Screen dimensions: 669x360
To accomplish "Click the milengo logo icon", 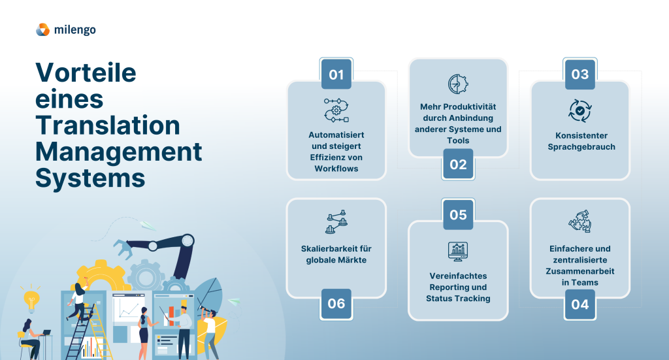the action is click(42, 30).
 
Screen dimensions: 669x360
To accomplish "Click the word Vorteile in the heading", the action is click(86, 73).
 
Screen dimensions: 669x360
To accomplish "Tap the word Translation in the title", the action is click(108, 125).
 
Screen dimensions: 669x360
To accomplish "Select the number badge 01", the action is click(336, 74).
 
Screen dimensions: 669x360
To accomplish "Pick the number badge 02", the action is click(458, 164).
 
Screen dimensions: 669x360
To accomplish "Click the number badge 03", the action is click(580, 74).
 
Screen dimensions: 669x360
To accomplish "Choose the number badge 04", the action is click(580, 304).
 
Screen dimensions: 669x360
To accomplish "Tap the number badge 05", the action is click(458, 214).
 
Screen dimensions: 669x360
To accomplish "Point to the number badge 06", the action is click(336, 304).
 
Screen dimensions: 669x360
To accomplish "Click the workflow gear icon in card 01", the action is click(336, 110).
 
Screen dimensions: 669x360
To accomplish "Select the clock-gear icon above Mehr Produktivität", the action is click(458, 84).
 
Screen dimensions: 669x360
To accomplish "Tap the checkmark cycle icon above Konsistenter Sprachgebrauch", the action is click(580, 111).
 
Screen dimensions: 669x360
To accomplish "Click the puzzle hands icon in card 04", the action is click(580, 221).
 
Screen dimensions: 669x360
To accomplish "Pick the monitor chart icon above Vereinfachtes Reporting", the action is click(458, 252).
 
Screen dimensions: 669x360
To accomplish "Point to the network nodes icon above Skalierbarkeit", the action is click(336, 221).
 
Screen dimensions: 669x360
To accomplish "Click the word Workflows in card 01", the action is click(336, 169).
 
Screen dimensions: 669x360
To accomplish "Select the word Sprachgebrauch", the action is click(581, 147).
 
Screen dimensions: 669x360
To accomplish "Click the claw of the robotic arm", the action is click(122, 249).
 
